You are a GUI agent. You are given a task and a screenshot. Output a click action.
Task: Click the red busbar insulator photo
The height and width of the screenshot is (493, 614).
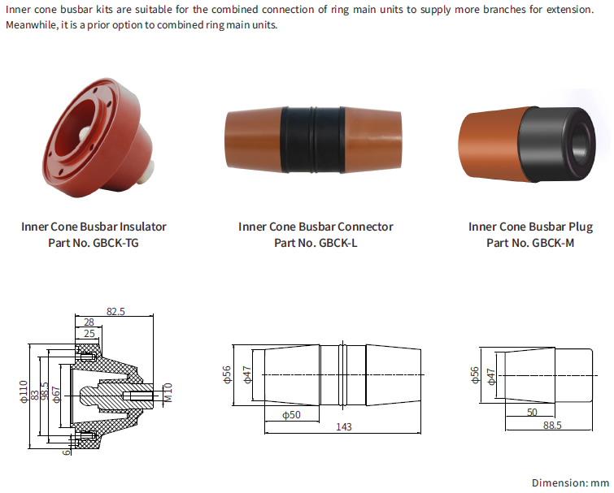tap(98, 136)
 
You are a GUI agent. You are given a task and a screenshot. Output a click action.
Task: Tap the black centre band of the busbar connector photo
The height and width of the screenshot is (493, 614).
tap(313, 140)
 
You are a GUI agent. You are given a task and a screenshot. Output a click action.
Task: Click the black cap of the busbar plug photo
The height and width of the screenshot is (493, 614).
tap(557, 144)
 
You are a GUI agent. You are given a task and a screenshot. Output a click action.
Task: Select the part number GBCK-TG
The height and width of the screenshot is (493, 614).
tap(116, 243)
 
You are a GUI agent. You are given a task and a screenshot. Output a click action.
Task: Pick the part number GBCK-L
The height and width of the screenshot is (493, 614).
tap(338, 243)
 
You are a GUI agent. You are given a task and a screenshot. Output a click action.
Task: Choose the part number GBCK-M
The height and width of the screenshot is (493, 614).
tap(553, 243)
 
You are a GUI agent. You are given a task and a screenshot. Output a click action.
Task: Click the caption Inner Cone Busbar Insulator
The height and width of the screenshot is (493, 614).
tap(94, 227)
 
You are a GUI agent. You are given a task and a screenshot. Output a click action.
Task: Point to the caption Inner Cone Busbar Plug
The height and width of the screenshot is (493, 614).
tap(530, 227)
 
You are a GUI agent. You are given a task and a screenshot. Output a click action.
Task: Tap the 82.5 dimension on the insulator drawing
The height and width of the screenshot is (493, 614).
tap(115, 312)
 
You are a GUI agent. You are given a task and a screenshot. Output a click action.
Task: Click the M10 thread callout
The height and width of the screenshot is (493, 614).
tap(168, 392)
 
